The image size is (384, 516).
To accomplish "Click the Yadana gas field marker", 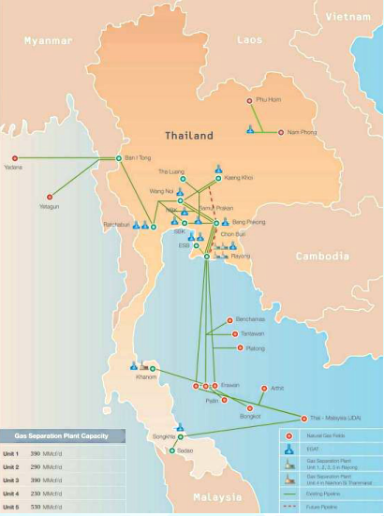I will point(13,157).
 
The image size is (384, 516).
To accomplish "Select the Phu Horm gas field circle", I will point(249,99).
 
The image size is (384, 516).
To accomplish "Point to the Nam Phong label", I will point(303,132).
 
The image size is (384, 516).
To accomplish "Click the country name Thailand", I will point(189,136).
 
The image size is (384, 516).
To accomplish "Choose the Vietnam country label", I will point(347,17).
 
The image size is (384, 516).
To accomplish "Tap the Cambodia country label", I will point(321,255).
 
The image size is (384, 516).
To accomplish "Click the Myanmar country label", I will point(49,40).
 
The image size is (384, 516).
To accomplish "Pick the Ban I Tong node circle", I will point(118,157).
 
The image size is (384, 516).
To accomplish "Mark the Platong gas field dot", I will point(240,347).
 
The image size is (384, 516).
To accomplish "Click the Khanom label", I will point(147,377).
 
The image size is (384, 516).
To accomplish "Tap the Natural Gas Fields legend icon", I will point(290,435).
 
